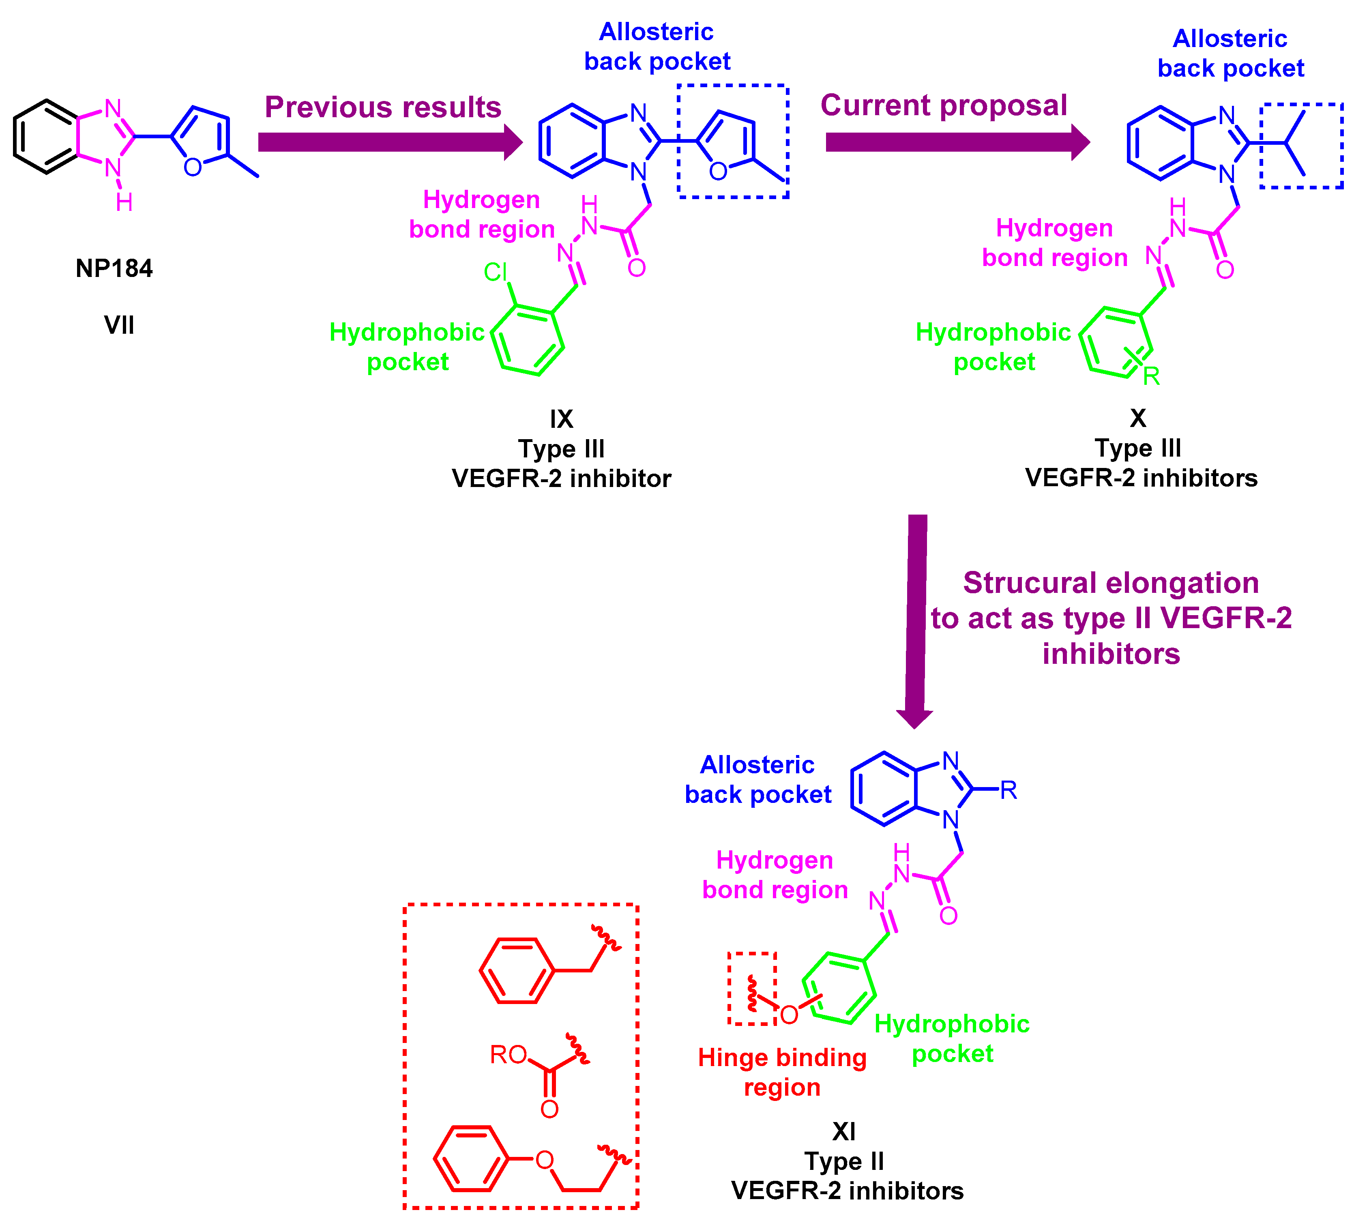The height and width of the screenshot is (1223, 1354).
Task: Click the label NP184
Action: click(x=114, y=268)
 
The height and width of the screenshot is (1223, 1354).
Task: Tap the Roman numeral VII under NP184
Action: click(x=119, y=326)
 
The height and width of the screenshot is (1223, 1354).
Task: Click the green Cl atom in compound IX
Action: click(x=496, y=272)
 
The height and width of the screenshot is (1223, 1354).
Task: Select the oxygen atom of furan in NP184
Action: click(x=193, y=167)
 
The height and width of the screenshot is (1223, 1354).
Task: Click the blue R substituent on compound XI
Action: click(x=1008, y=790)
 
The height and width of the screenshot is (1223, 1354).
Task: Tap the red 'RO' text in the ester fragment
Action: click(x=508, y=1054)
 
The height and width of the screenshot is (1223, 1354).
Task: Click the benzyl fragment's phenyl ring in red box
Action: click(x=517, y=970)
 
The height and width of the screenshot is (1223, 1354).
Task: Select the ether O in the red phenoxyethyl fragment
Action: click(x=545, y=1160)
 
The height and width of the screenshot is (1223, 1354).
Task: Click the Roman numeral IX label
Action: click(x=562, y=419)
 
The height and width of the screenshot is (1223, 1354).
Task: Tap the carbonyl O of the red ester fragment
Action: click(x=549, y=1108)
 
